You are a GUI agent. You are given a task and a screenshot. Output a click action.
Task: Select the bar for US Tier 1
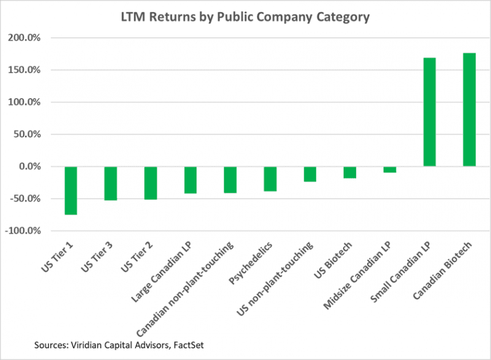pos(71,190)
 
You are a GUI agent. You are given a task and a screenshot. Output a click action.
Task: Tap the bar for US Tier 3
pos(110,183)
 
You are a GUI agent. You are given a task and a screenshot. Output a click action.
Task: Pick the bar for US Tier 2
pos(150,183)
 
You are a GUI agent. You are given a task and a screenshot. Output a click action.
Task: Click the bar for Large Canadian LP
pos(190,180)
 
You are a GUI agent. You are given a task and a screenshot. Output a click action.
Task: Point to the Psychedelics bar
pos(270,178)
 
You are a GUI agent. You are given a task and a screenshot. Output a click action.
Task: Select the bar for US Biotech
pos(350,172)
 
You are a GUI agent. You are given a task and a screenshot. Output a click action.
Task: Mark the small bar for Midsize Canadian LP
pos(390,169)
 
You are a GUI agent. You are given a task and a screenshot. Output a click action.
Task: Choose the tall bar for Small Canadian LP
pos(430,112)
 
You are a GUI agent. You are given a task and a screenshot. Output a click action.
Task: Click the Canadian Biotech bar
pos(470,110)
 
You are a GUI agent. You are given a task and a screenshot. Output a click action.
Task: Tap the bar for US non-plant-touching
pos(310,174)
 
